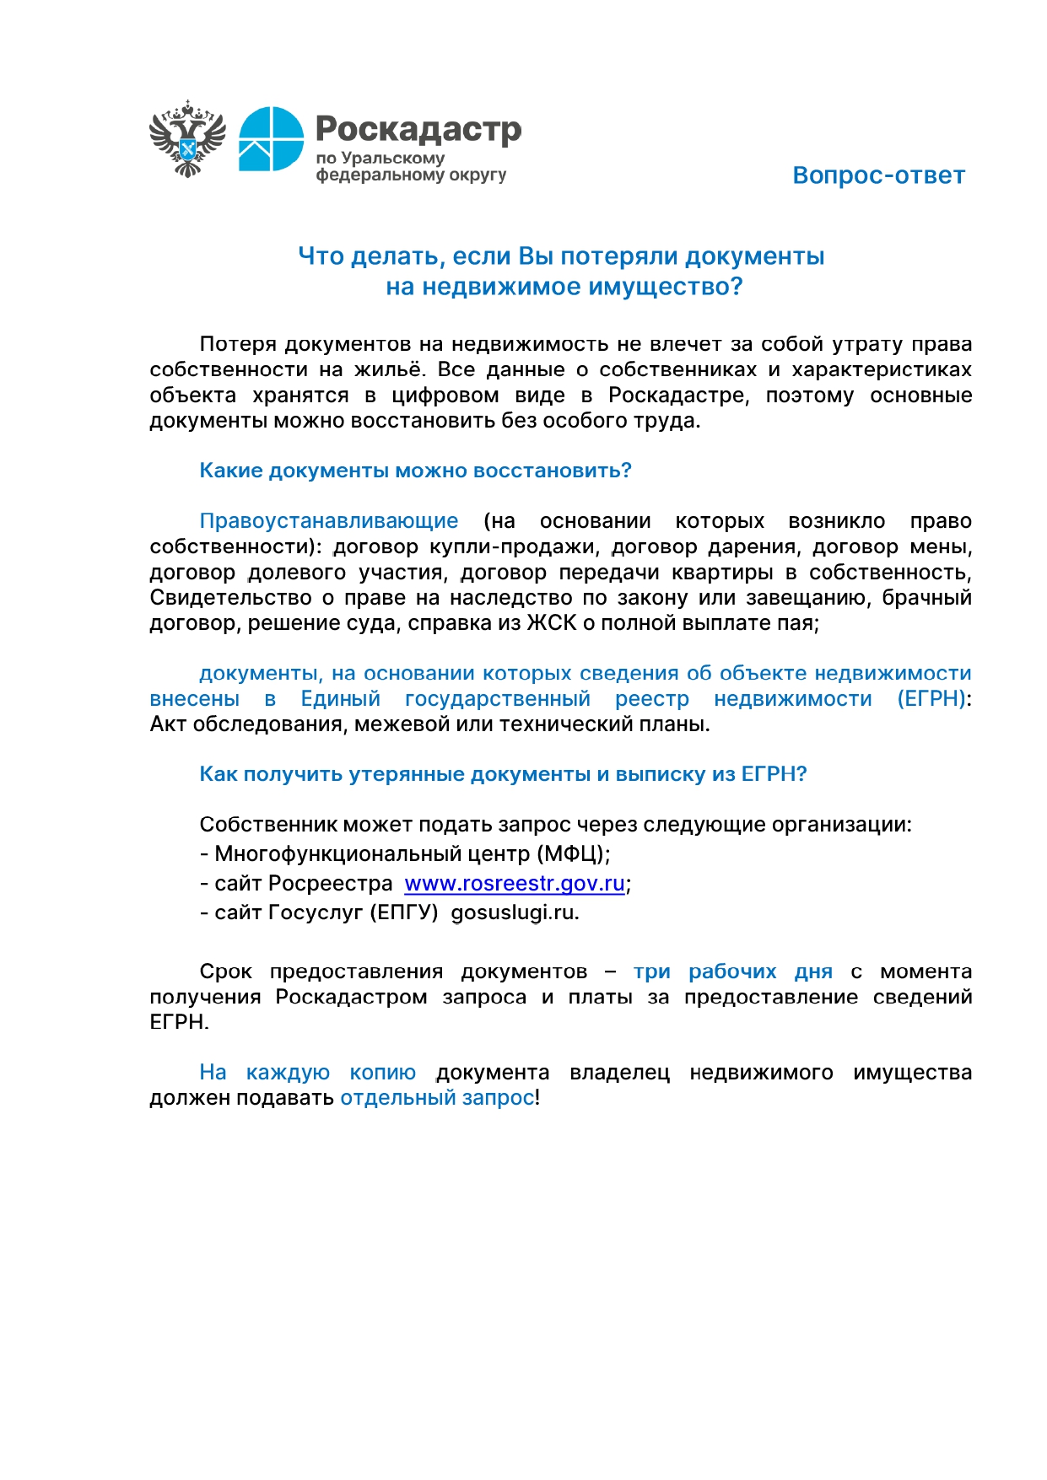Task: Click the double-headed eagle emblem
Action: coord(187,139)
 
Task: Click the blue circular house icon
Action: coord(271,139)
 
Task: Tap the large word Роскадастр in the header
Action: coord(418,129)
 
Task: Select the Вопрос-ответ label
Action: coord(878,175)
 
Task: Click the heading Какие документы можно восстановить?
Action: coord(415,471)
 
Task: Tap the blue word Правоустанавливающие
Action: coord(329,521)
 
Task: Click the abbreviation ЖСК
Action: coord(551,623)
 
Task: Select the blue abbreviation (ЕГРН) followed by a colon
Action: coord(931,699)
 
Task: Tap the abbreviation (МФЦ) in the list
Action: coord(570,854)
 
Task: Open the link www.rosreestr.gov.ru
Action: coord(515,884)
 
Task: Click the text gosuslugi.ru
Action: coord(514,912)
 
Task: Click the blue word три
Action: coord(652,971)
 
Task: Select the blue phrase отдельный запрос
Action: coord(437,1098)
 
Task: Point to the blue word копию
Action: coord(382,1073)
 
